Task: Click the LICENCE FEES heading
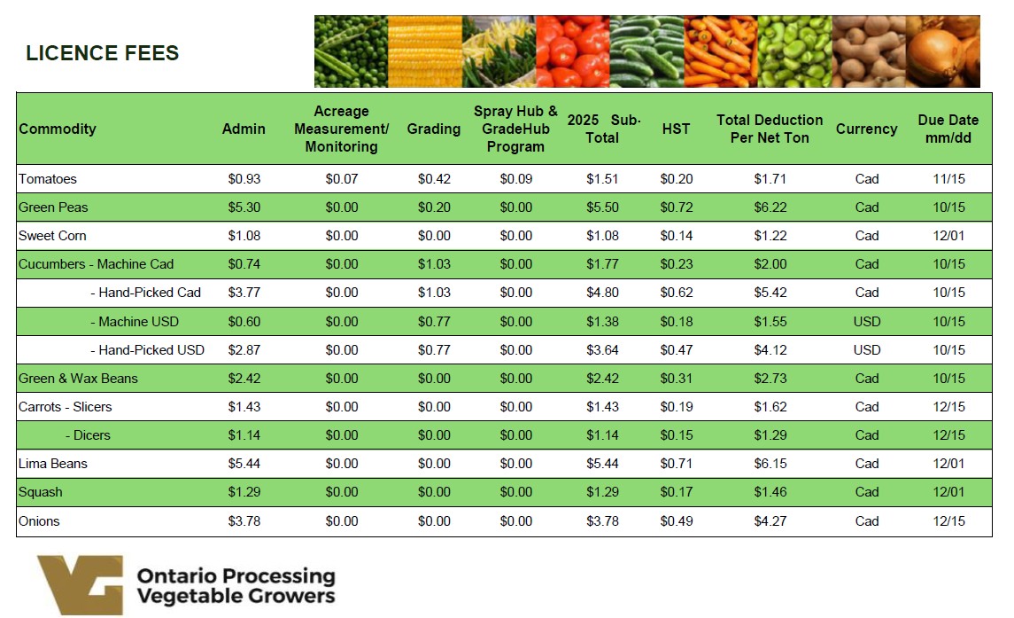click(x=103, y=53)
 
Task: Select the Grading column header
click(x=434, y=129)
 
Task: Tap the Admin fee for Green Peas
click(x=244, y=207)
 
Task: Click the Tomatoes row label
click(x=48, y=179)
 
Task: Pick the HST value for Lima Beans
click(x=677, y=464)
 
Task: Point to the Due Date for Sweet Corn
click(x=948, y=236)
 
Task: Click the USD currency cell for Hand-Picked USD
click(x=866, y=350)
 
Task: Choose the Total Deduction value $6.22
click(x=770, y=207)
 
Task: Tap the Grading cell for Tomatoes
click(x=434, y=179)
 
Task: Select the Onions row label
click(x=39, y=521)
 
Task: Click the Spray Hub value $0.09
click(x=515, y=179)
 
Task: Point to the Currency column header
click(x=866, y=129)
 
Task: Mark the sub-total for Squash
click(x=602, y=492)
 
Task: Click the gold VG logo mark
click(x=80, y=584)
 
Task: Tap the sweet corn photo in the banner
click(x=424, y=51)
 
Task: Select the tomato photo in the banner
click(x=572, y=51)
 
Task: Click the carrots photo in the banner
click(x=720, y=51)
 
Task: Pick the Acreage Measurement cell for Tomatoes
click(x=341, y=179)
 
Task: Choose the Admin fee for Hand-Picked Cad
click(x=244, y=293)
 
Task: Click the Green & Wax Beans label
click(x=78, y=379)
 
